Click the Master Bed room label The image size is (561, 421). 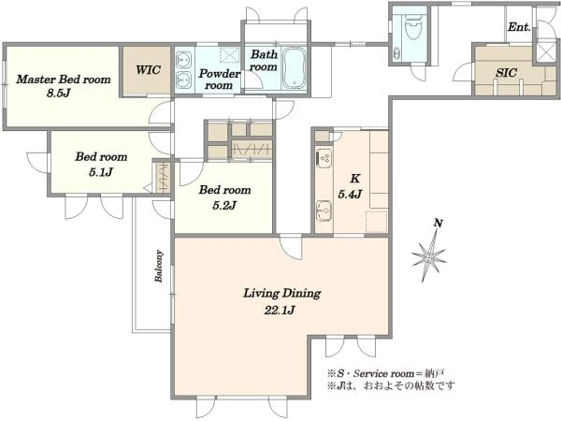(x=64, y=80)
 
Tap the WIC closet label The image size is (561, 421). (x=148, y=69)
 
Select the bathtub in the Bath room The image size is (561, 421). (x=295, y=68)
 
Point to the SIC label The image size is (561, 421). (x=506, y=73)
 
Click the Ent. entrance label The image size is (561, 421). (x=519, y=27)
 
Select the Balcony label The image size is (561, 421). (x=159, y=266)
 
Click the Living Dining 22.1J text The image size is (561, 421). (x=281, y=301)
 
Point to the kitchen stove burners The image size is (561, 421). (x=324, y=158)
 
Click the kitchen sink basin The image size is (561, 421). (x=324, y=210)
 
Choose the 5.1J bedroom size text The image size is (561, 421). (x=101, y=172)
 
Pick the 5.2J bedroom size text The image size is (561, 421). (x=224, y=205)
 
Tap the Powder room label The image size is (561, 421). (x=219, y=80)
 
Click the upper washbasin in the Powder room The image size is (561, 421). (x=183, y=58)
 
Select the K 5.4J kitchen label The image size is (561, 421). (x=351, y=186)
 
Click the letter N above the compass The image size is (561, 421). (x=439, y=223)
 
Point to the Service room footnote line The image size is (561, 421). (x=385, y=373)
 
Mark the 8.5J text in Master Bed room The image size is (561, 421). (x=58, y=93)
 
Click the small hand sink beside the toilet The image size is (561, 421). (x=396, y=53)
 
